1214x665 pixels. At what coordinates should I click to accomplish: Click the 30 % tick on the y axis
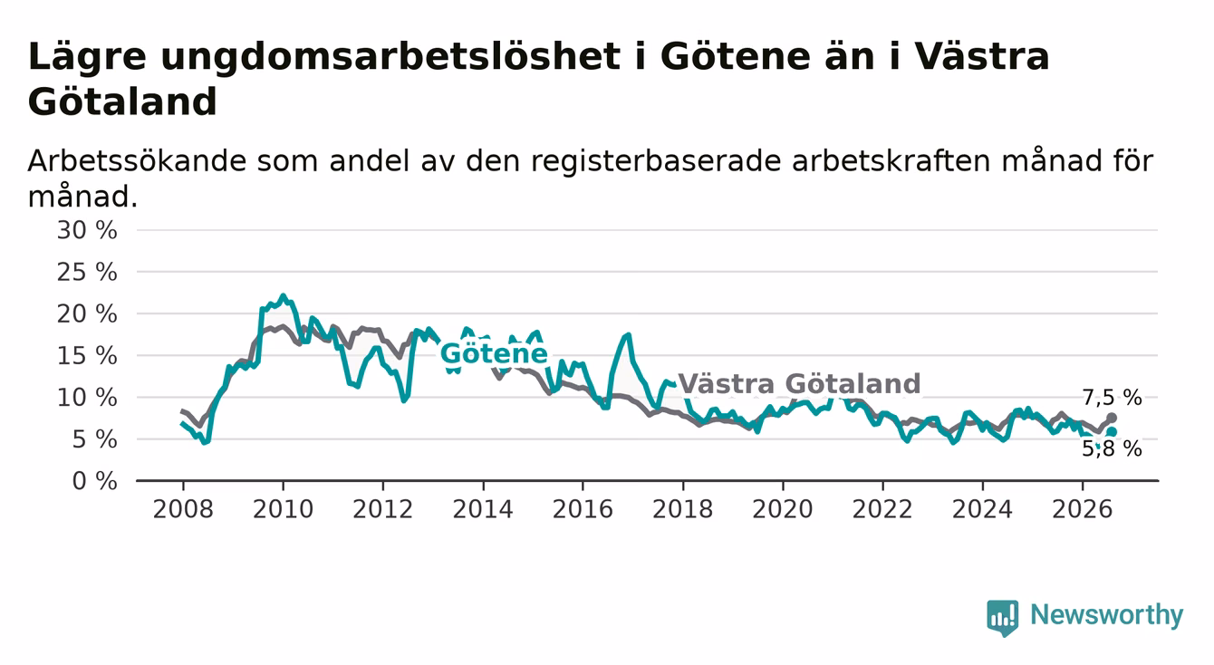[x=87, y=230]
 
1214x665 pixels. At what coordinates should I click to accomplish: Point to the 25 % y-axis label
[x=87, y=272]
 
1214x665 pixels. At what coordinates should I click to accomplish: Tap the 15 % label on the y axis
[x=87, y=356]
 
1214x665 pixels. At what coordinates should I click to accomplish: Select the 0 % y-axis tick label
[x=94, y=481]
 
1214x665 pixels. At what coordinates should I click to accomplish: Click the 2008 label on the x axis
[x=183, y=510]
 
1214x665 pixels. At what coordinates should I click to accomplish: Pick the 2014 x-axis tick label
[x=483, y=510]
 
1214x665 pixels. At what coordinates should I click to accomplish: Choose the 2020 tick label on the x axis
[x=783, y=510]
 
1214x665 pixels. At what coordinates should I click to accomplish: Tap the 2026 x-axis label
[x=1083, y=510]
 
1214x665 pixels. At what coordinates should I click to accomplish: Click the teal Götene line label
[x=494, y=354]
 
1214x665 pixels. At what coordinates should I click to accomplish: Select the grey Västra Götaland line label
[x=799, y=384]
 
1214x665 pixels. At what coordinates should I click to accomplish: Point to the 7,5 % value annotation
[x=1113, y=399]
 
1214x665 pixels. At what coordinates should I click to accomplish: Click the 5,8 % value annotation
[x=1113, y=448]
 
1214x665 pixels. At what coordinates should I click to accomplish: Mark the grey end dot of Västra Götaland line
[x=1112, y=418]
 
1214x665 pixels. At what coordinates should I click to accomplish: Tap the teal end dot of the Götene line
[x=1112, y=432]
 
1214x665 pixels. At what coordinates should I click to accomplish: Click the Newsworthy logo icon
[x=1003, y=618]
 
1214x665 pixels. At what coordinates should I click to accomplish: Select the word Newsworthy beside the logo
[x=1107, y=615]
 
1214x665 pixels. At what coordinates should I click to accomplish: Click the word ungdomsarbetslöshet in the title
[x=390, y=57]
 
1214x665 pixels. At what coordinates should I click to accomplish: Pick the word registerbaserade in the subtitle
[x=656, y=161]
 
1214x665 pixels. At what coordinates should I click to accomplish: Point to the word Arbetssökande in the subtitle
[x=138, y=161]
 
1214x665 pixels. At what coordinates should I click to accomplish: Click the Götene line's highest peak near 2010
[x=283, y=296]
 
